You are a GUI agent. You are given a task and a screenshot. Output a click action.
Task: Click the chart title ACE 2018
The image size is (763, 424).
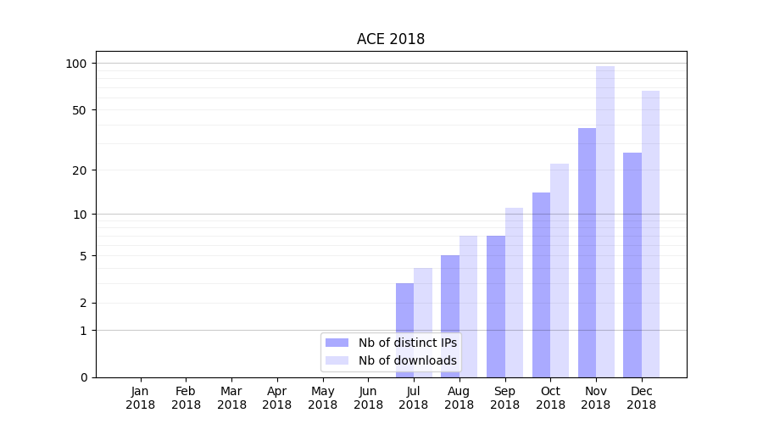(390, 39)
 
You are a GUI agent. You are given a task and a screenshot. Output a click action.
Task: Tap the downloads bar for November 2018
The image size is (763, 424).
(605, 221)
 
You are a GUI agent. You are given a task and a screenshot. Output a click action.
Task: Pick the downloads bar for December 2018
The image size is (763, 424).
(651, 233)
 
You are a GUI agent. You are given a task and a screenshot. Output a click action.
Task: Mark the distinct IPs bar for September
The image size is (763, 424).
(496, 306)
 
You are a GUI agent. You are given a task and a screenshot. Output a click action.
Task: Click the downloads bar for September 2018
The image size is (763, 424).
(514, 292)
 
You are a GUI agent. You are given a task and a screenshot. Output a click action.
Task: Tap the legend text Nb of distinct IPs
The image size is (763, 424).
(407, 343)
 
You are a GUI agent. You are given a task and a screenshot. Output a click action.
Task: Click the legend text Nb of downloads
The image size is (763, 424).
(407, 360)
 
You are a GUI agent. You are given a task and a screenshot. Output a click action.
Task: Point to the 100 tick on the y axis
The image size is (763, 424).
(76, 64)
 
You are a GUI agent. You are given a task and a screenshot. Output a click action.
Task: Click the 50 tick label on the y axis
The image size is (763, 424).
(79, 110)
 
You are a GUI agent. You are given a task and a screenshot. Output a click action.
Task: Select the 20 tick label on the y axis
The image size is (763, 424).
(79, 170)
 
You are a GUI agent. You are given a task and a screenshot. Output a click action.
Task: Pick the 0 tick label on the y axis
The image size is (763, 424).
(83, 377)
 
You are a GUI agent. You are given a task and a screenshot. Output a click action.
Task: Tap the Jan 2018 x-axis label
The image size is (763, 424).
(141, 398)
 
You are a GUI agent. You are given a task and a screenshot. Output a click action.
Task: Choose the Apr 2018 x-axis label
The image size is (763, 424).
(277, 398)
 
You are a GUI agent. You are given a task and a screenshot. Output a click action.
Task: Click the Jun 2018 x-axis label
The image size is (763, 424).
(368, 398)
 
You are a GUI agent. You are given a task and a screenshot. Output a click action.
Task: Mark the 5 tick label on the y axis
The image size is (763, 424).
(83, 256)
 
